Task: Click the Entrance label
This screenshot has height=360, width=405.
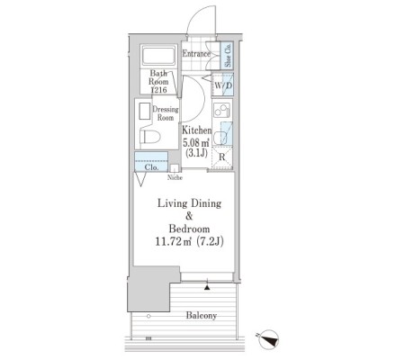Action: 196,54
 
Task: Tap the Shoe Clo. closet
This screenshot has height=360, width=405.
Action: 228,55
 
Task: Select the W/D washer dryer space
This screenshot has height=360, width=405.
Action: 222,85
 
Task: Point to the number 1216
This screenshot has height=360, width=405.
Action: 159,90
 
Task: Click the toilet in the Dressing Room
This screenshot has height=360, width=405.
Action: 149,137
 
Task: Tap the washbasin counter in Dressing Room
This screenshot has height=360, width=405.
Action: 145,112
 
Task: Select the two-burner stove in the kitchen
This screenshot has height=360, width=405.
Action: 221,110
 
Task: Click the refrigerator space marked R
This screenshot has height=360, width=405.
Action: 222,157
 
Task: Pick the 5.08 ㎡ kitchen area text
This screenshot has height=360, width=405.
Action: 196,142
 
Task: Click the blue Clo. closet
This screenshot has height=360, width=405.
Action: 151,161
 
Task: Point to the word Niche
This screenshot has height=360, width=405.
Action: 175,177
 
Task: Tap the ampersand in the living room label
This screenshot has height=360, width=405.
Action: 189,216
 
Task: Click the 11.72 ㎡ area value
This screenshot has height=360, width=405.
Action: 174,241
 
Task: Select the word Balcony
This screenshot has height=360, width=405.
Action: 202,316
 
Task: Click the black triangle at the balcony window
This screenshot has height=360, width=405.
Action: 207,288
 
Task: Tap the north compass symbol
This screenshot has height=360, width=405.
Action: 268,339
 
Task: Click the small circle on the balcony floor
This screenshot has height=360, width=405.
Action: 148,316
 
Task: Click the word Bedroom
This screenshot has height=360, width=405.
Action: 189,229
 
